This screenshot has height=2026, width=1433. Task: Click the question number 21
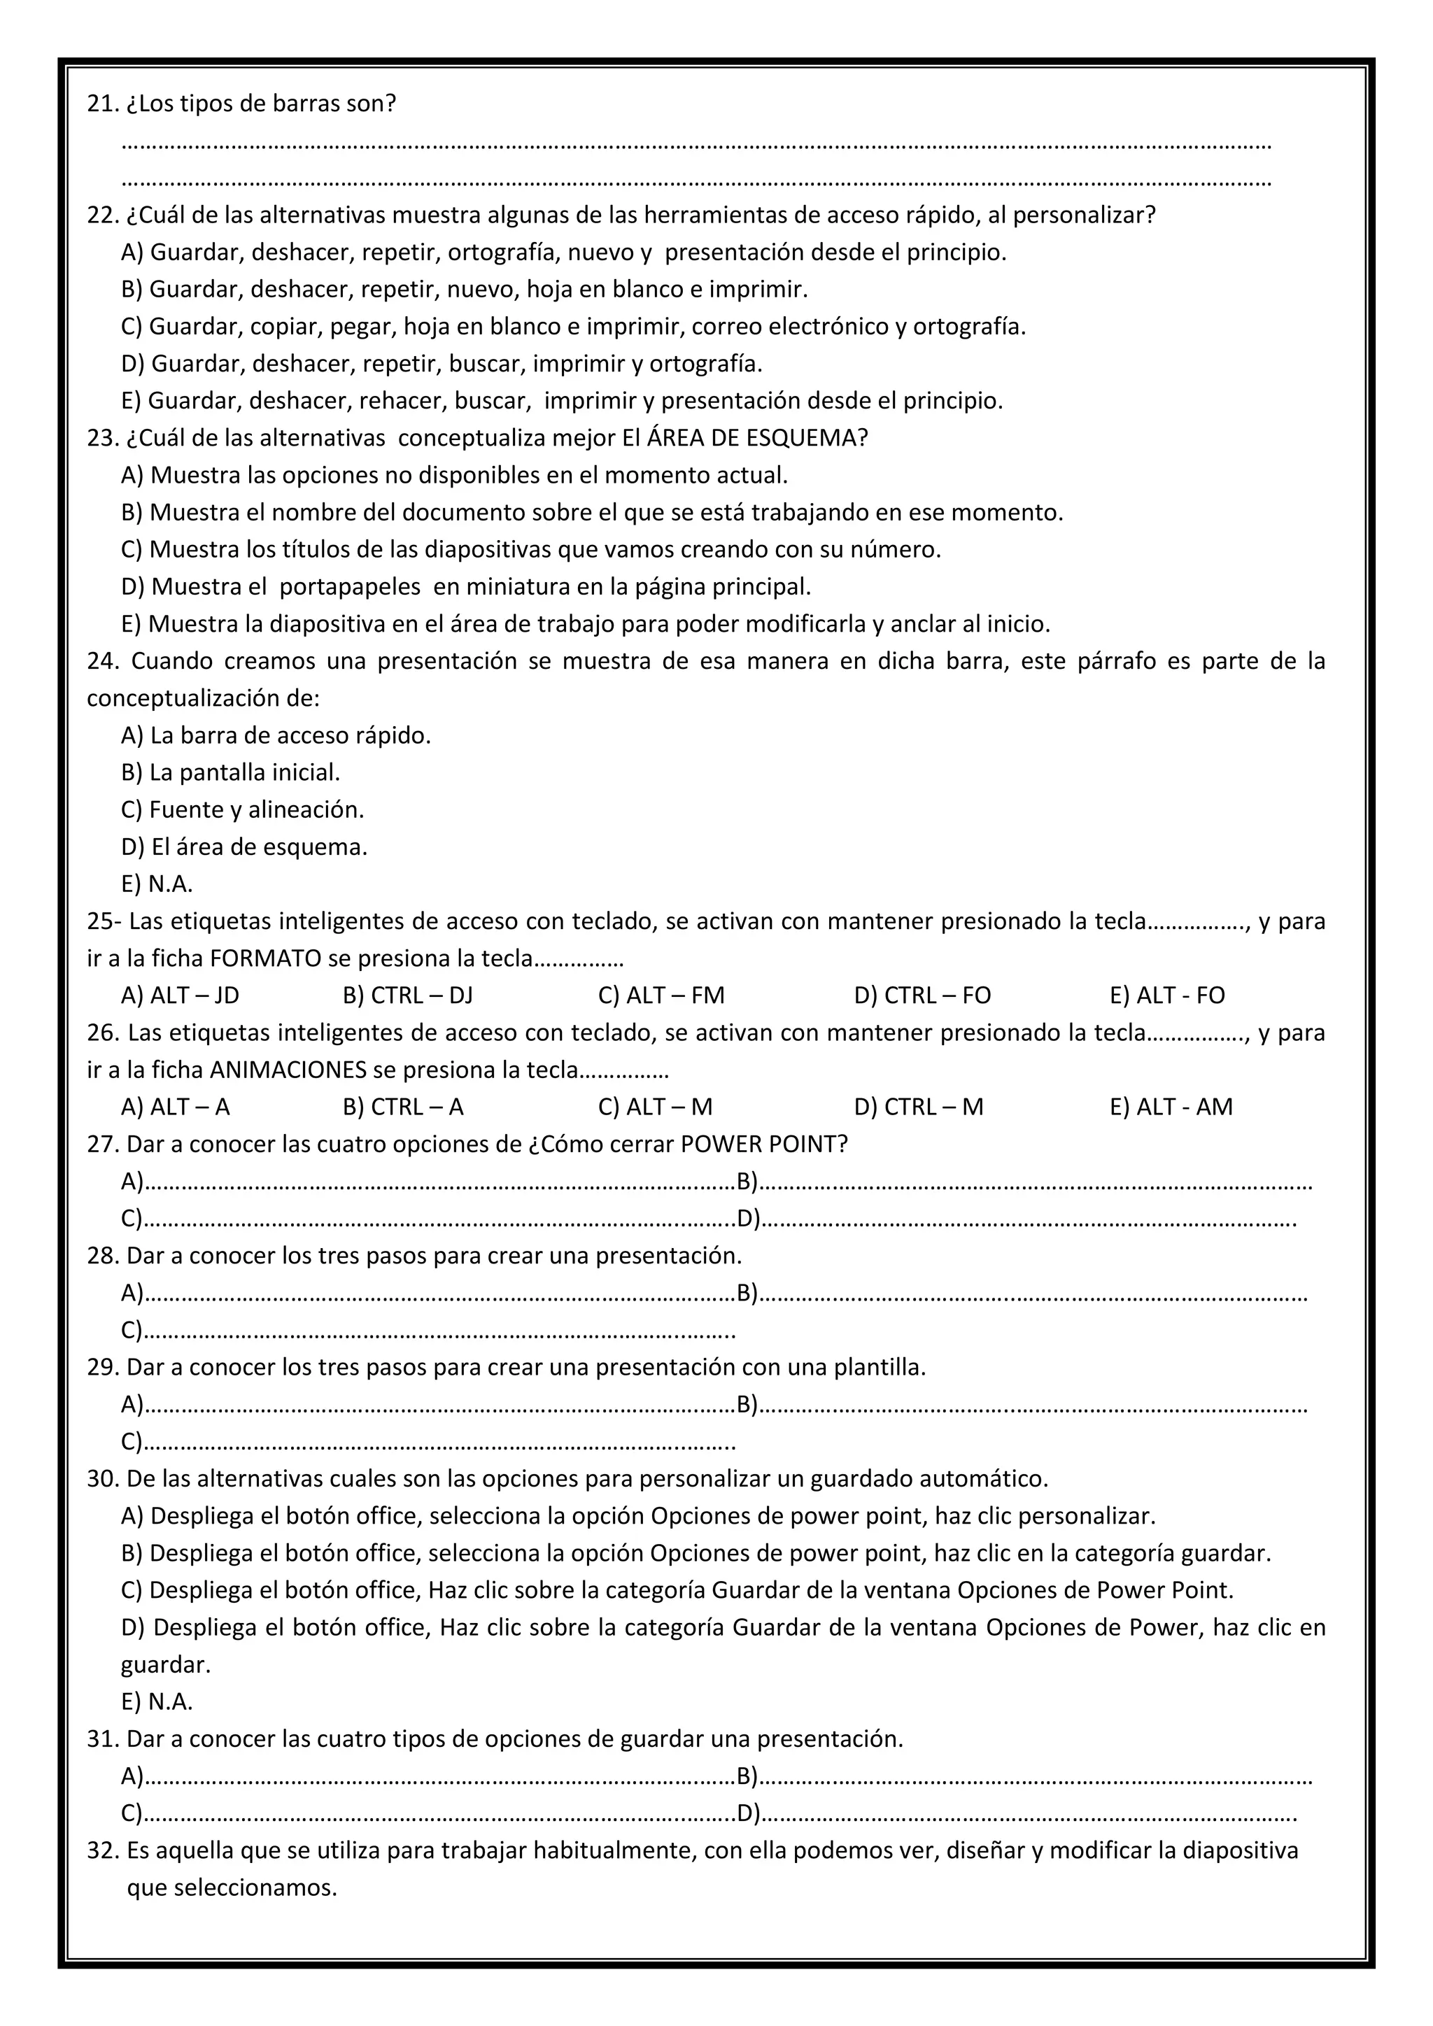coord(102,104)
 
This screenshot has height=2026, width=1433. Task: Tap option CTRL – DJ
coord(408,996)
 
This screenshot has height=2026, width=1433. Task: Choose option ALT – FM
coord(661,996)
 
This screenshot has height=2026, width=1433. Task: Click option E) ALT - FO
coord(1166,996)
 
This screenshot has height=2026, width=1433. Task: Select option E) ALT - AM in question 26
coord(1170,1107)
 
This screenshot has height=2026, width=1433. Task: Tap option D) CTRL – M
coord(918,1107)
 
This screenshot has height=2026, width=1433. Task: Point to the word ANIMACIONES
coord(288,1070)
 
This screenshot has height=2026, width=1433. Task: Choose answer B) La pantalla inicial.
coord(230,772)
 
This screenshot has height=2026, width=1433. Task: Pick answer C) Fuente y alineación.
coord(243,809)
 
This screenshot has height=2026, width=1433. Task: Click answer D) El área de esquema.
coord(244,846)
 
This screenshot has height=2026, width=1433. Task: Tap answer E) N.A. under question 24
coord(157,884)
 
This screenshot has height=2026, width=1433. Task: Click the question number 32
coord(102,1850)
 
